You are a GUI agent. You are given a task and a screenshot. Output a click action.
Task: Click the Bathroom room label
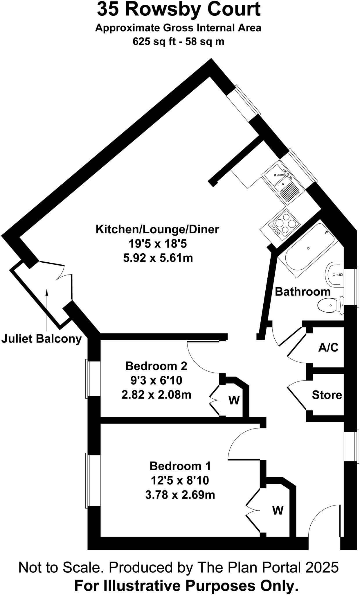(x=303, y=292)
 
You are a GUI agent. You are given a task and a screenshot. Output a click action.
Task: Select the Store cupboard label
(x=327, y=395)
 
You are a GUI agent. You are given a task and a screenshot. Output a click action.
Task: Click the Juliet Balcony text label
(x=42, y=339)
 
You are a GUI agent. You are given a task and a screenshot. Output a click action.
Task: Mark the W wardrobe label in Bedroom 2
(x=234, y=400)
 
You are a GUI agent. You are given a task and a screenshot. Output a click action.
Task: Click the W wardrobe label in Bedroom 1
(x=278, y=510)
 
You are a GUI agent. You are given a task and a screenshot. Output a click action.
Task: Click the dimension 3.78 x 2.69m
(x=180, y=494)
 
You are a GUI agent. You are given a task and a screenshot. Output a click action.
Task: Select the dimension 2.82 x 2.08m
(x=156, y=395)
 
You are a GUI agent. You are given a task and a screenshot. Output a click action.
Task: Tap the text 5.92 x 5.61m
(x=158, y=258)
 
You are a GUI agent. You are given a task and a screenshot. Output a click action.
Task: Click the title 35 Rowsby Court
(x=179, y=9)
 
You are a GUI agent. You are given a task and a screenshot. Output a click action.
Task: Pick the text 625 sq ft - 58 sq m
(x=178, y=42)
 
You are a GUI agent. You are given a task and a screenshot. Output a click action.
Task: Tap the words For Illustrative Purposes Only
(x=186, y=586)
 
